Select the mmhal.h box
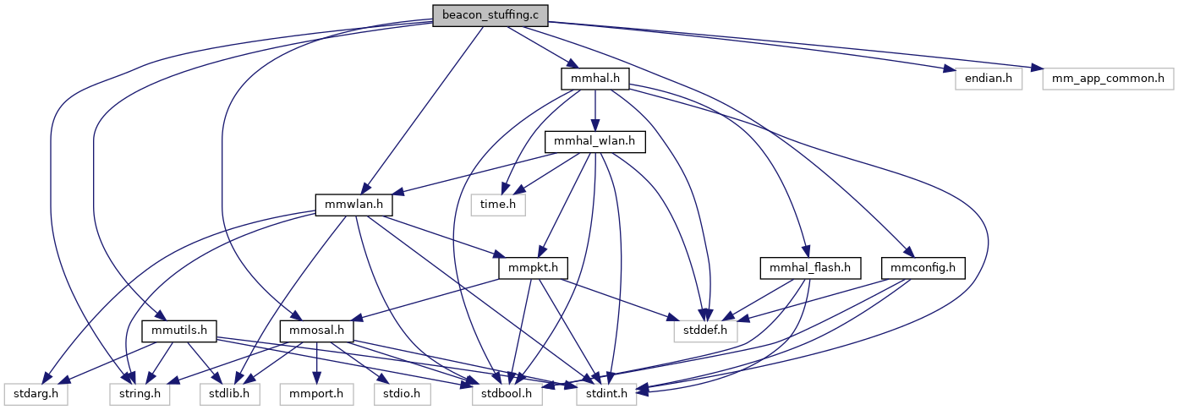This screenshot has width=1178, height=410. click(x=595, y=79)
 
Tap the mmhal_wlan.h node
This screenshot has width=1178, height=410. click(x=595, y=142)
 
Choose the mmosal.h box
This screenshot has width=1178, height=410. click(x=317, y=331)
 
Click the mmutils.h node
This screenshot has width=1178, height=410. click(x=180, y=331)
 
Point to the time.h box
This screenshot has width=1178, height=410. click(x=498, y=205)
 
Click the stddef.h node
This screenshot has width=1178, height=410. click(x=705, y=331)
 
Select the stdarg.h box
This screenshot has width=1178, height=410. click(x=36, y=394)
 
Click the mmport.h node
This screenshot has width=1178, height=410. click(x=315, y=394)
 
